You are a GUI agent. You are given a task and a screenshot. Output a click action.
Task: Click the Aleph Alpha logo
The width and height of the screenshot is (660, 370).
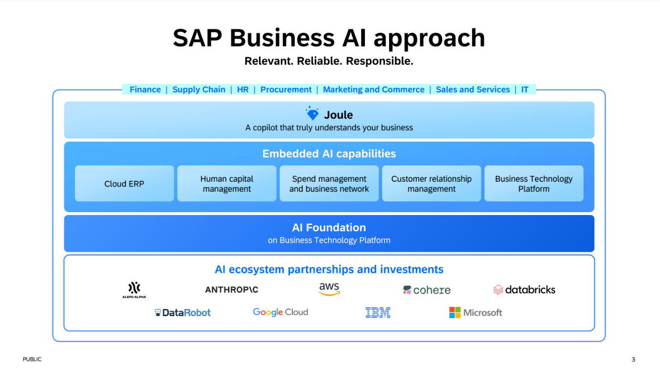tap(134, 289)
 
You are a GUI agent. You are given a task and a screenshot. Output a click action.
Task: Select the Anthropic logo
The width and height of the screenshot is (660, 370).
tap(231, 289)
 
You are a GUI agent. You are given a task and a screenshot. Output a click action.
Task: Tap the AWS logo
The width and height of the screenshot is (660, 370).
tap(329, 288)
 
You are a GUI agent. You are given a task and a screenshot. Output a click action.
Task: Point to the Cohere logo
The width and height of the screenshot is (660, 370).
tap(427, 290)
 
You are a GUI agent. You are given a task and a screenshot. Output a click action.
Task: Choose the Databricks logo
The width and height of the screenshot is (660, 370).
tap(524, 289)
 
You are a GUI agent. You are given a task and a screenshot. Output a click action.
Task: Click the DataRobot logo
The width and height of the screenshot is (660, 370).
tap(183, 313)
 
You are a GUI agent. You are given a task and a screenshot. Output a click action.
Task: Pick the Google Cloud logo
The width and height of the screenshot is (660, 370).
tap(280, 312)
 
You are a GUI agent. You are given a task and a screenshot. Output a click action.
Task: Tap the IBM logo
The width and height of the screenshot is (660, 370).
tap(378, 313)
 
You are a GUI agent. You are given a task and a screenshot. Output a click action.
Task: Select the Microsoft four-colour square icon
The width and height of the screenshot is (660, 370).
tap(455, 313)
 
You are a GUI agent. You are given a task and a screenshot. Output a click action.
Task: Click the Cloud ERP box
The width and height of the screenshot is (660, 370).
tap(124, 184)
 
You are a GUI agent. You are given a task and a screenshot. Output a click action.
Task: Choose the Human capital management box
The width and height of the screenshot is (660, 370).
tap(227, 184)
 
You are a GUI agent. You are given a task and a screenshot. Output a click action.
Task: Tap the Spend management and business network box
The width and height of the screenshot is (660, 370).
tap(329, 184)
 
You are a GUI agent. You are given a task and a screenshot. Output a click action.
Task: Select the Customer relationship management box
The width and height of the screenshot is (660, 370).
tap(432, 184)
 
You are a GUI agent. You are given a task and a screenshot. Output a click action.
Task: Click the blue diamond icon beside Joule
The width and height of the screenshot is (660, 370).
tap(312, 114)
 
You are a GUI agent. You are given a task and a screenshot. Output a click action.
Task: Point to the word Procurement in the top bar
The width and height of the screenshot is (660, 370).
tap(286, 90)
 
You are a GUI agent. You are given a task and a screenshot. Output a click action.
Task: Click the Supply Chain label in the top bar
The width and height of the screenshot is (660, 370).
tap(199, 90)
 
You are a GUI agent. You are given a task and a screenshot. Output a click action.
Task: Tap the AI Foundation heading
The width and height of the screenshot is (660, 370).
tap(329, 227)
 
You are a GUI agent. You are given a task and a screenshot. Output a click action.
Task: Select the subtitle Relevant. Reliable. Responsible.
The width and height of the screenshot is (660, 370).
tap(329, 61)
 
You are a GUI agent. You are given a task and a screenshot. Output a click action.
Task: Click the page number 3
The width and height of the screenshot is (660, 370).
tap(633, 360)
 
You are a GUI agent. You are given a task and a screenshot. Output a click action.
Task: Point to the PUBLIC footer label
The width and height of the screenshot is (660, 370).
tap(32, 360)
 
